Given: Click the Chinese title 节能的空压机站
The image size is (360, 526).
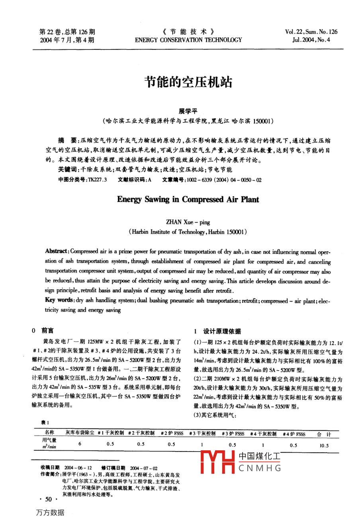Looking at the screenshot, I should [188, 82].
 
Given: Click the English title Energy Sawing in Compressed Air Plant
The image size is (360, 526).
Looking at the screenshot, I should [188, 199].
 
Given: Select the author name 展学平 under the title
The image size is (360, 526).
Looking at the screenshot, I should [188, 111].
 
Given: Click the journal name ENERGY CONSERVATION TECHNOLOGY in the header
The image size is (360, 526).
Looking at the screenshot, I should [188, 40].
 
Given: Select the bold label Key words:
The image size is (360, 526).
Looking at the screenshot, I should [59, 300].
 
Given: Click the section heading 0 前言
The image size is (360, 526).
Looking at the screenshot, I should [43, 330].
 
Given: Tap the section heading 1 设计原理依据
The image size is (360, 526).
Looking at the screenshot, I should [217, 331].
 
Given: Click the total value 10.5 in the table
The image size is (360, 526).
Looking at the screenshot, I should [324, 446].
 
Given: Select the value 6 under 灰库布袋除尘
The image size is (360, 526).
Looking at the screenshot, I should [80, 444].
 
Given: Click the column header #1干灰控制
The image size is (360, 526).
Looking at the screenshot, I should [111, 433].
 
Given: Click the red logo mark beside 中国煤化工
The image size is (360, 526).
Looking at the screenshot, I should [217, 462].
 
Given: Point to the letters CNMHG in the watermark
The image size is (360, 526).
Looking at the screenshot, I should [260, 468].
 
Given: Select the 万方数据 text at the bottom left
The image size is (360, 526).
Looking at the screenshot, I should [50, 512].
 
